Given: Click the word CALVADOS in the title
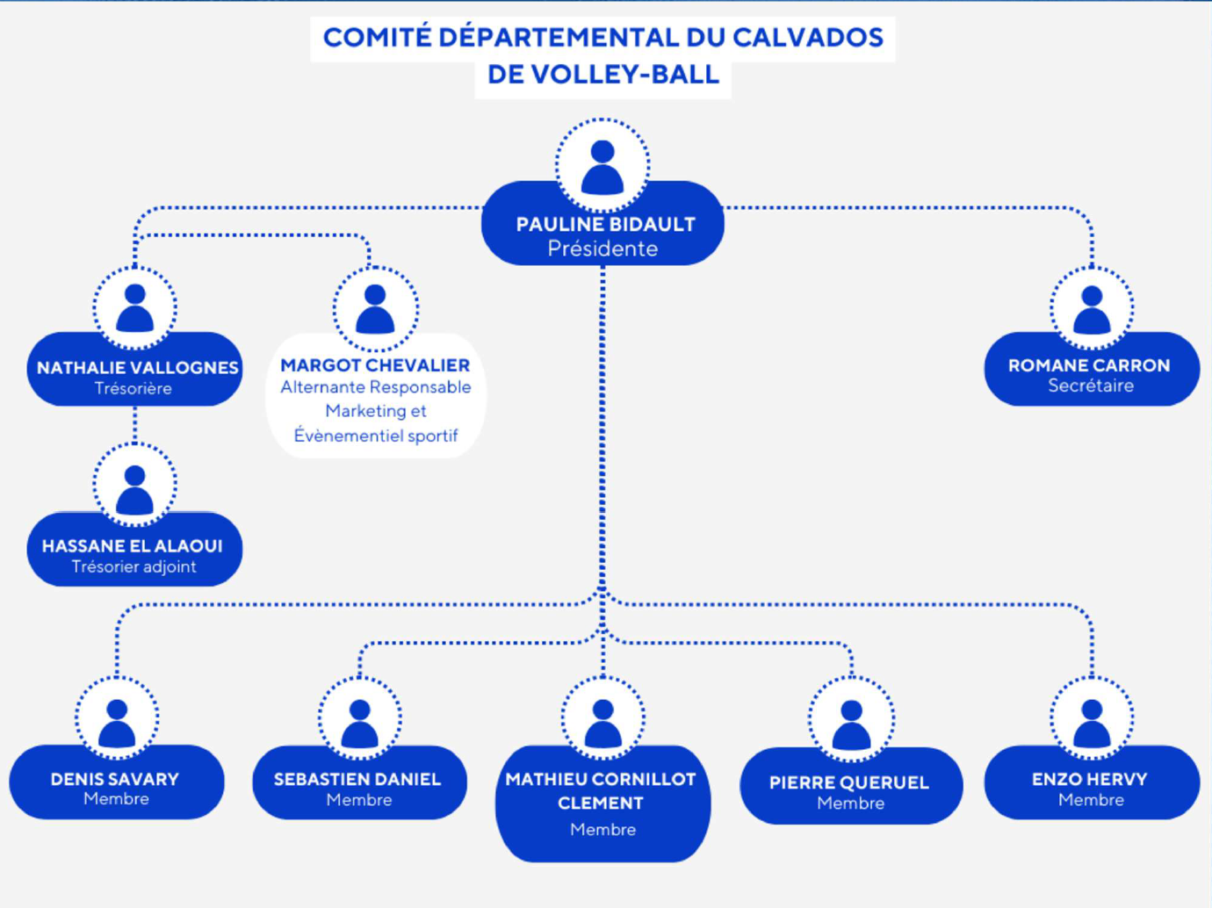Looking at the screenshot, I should coord(807,38).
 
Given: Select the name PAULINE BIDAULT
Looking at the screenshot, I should coord(605,225).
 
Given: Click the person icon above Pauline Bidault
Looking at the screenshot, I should coord(602,167).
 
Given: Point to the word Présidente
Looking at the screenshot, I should coord(602,249).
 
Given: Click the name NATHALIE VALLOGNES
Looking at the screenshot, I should coord(137,368).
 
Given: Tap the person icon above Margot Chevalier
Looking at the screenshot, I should coord(375,309).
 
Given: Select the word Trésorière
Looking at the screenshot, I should coord(133,389).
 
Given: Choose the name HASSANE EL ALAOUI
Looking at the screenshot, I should coord(133,546).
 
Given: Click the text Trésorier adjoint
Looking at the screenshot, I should coord(133,567).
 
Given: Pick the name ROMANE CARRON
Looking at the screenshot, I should coord(1089,365).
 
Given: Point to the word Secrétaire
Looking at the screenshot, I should coord(1091,386).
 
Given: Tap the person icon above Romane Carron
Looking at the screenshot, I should coord(1092,309).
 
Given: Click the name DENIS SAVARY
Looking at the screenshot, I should coord(115,779).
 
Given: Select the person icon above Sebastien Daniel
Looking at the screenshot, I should coord(359,723).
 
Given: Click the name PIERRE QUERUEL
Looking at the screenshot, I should coord(849,782).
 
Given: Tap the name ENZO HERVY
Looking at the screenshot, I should coord(1090,779).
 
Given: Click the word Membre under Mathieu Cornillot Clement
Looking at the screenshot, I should coord(602,830).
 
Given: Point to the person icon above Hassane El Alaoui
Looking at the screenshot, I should coord(134,490).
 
